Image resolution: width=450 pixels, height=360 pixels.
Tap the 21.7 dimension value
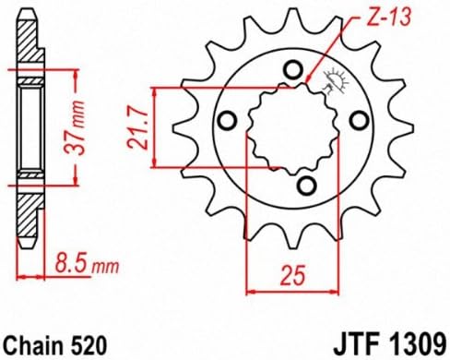(x=138, y=126)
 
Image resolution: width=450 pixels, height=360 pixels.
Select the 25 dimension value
(x=292, y=274)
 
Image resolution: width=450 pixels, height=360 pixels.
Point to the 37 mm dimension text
(x=75, y=127)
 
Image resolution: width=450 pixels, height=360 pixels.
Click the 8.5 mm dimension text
(x=87, y=263)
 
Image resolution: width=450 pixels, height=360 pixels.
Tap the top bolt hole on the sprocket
(x=291, y=70)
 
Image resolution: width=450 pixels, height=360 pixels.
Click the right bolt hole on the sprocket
(x=360, y=121)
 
